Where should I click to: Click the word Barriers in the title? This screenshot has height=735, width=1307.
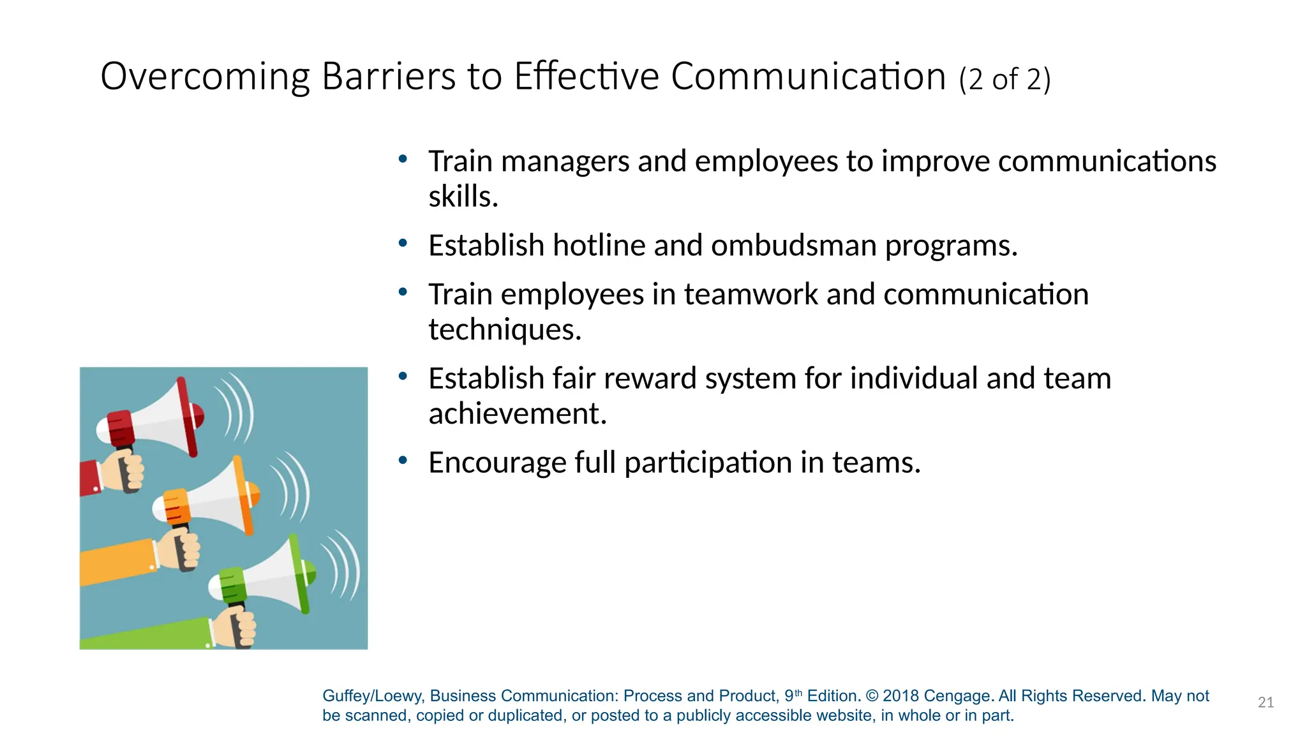389,77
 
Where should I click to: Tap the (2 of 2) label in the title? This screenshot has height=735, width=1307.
1004,80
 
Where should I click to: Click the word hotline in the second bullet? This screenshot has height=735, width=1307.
599,246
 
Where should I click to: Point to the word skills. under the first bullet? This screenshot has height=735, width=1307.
463,197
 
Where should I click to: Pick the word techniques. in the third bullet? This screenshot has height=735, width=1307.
504,330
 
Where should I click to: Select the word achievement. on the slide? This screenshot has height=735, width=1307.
517,414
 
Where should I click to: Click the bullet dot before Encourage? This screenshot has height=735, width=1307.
403,460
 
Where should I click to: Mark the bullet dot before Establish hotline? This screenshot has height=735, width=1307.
403,243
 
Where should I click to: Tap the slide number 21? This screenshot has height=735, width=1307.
1266,702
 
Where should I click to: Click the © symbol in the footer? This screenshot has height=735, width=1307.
872,696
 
